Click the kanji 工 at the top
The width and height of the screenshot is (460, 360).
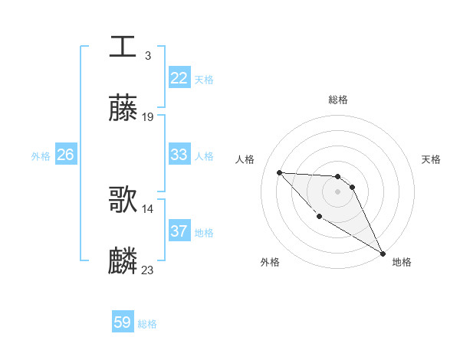[x=123, y=46]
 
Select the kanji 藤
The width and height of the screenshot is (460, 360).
[x=123, y=109]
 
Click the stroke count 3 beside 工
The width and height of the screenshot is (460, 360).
[x=147, y=55]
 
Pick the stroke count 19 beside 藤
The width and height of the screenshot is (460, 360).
[x=148, y=117]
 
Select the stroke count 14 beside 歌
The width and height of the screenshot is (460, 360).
[x=148, y=208]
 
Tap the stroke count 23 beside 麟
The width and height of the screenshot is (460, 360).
[x=148, y=270]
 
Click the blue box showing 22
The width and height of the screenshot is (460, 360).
[x=179, y=78]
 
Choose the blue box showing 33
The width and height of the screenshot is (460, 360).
[x=179, y=155]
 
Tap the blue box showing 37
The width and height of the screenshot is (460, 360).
[x=179, y=231]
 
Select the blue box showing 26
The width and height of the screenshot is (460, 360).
[x=65, y=155]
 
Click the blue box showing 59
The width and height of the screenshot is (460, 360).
[x=123, y=323]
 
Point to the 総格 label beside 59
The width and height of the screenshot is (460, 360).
[x=147, y=324]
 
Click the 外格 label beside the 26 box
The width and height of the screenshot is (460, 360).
[x=41, y=156]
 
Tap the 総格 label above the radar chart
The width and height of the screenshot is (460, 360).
[x=338, y=100]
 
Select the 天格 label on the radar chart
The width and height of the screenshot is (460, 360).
[x=431, y=159]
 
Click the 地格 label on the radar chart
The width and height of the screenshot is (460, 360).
[x=402, y=262]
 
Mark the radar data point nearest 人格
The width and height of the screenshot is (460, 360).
[x=279, y=172]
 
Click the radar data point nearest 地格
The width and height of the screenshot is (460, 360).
[x=383, y=254]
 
